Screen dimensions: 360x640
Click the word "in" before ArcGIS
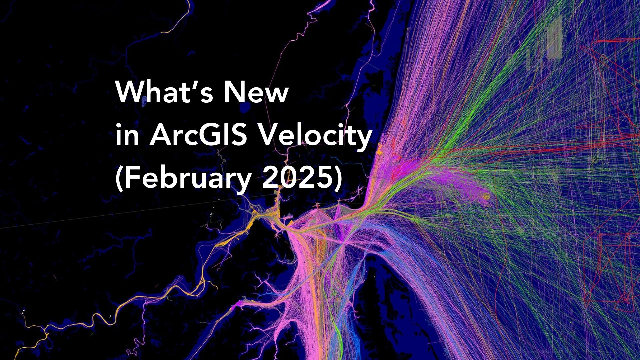[x=127, y=136]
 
